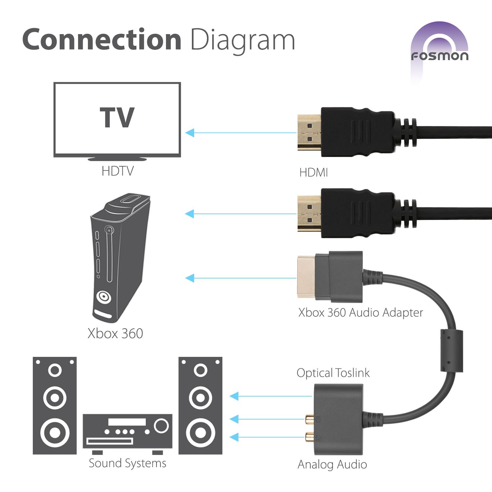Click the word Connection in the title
click(x=102, y=39)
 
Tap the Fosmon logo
click(x=440, y=52)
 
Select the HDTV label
click(x=117, y=171)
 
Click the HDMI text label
click(x=314, y=173)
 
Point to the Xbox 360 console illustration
click(x=120, y=257)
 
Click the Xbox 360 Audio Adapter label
click(x=360, y=313)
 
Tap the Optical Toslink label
click(x=333, y=373)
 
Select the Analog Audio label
click(x=332, y=464)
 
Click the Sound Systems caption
click(x=127, y=463)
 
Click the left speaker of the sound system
click(x=55, y=406)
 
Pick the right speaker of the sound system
click(x=200, y=406)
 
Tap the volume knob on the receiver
click(x=161, y=426)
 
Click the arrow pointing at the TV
click(x=241, y=133)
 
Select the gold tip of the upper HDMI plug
click(x=309, y=133)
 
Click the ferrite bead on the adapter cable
click(x=451, y=351)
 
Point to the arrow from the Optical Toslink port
click(x=271, y=396)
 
